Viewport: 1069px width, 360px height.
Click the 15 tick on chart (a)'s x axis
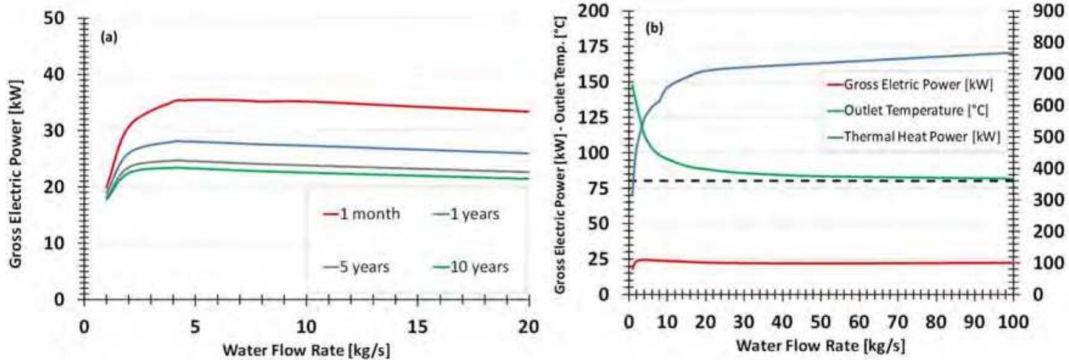click(417, 327)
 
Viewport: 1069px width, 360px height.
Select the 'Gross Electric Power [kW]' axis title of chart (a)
click(16, 173)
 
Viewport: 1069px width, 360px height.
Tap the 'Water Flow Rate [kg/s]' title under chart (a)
click(306, 350)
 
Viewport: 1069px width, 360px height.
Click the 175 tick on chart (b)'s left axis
click(593, 47)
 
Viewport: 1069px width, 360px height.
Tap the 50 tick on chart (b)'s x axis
click(820, 322)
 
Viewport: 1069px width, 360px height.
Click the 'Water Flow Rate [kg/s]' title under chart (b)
click(820, 346)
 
